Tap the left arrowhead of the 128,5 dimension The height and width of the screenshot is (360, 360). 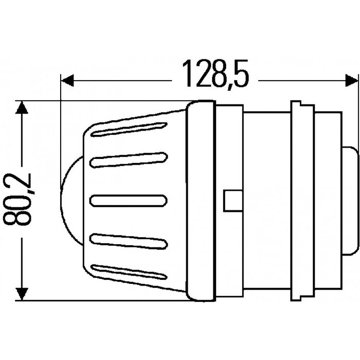point(67,81)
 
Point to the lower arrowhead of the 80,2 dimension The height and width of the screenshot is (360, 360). point(21,294)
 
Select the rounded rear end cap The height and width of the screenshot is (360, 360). point(349,199)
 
